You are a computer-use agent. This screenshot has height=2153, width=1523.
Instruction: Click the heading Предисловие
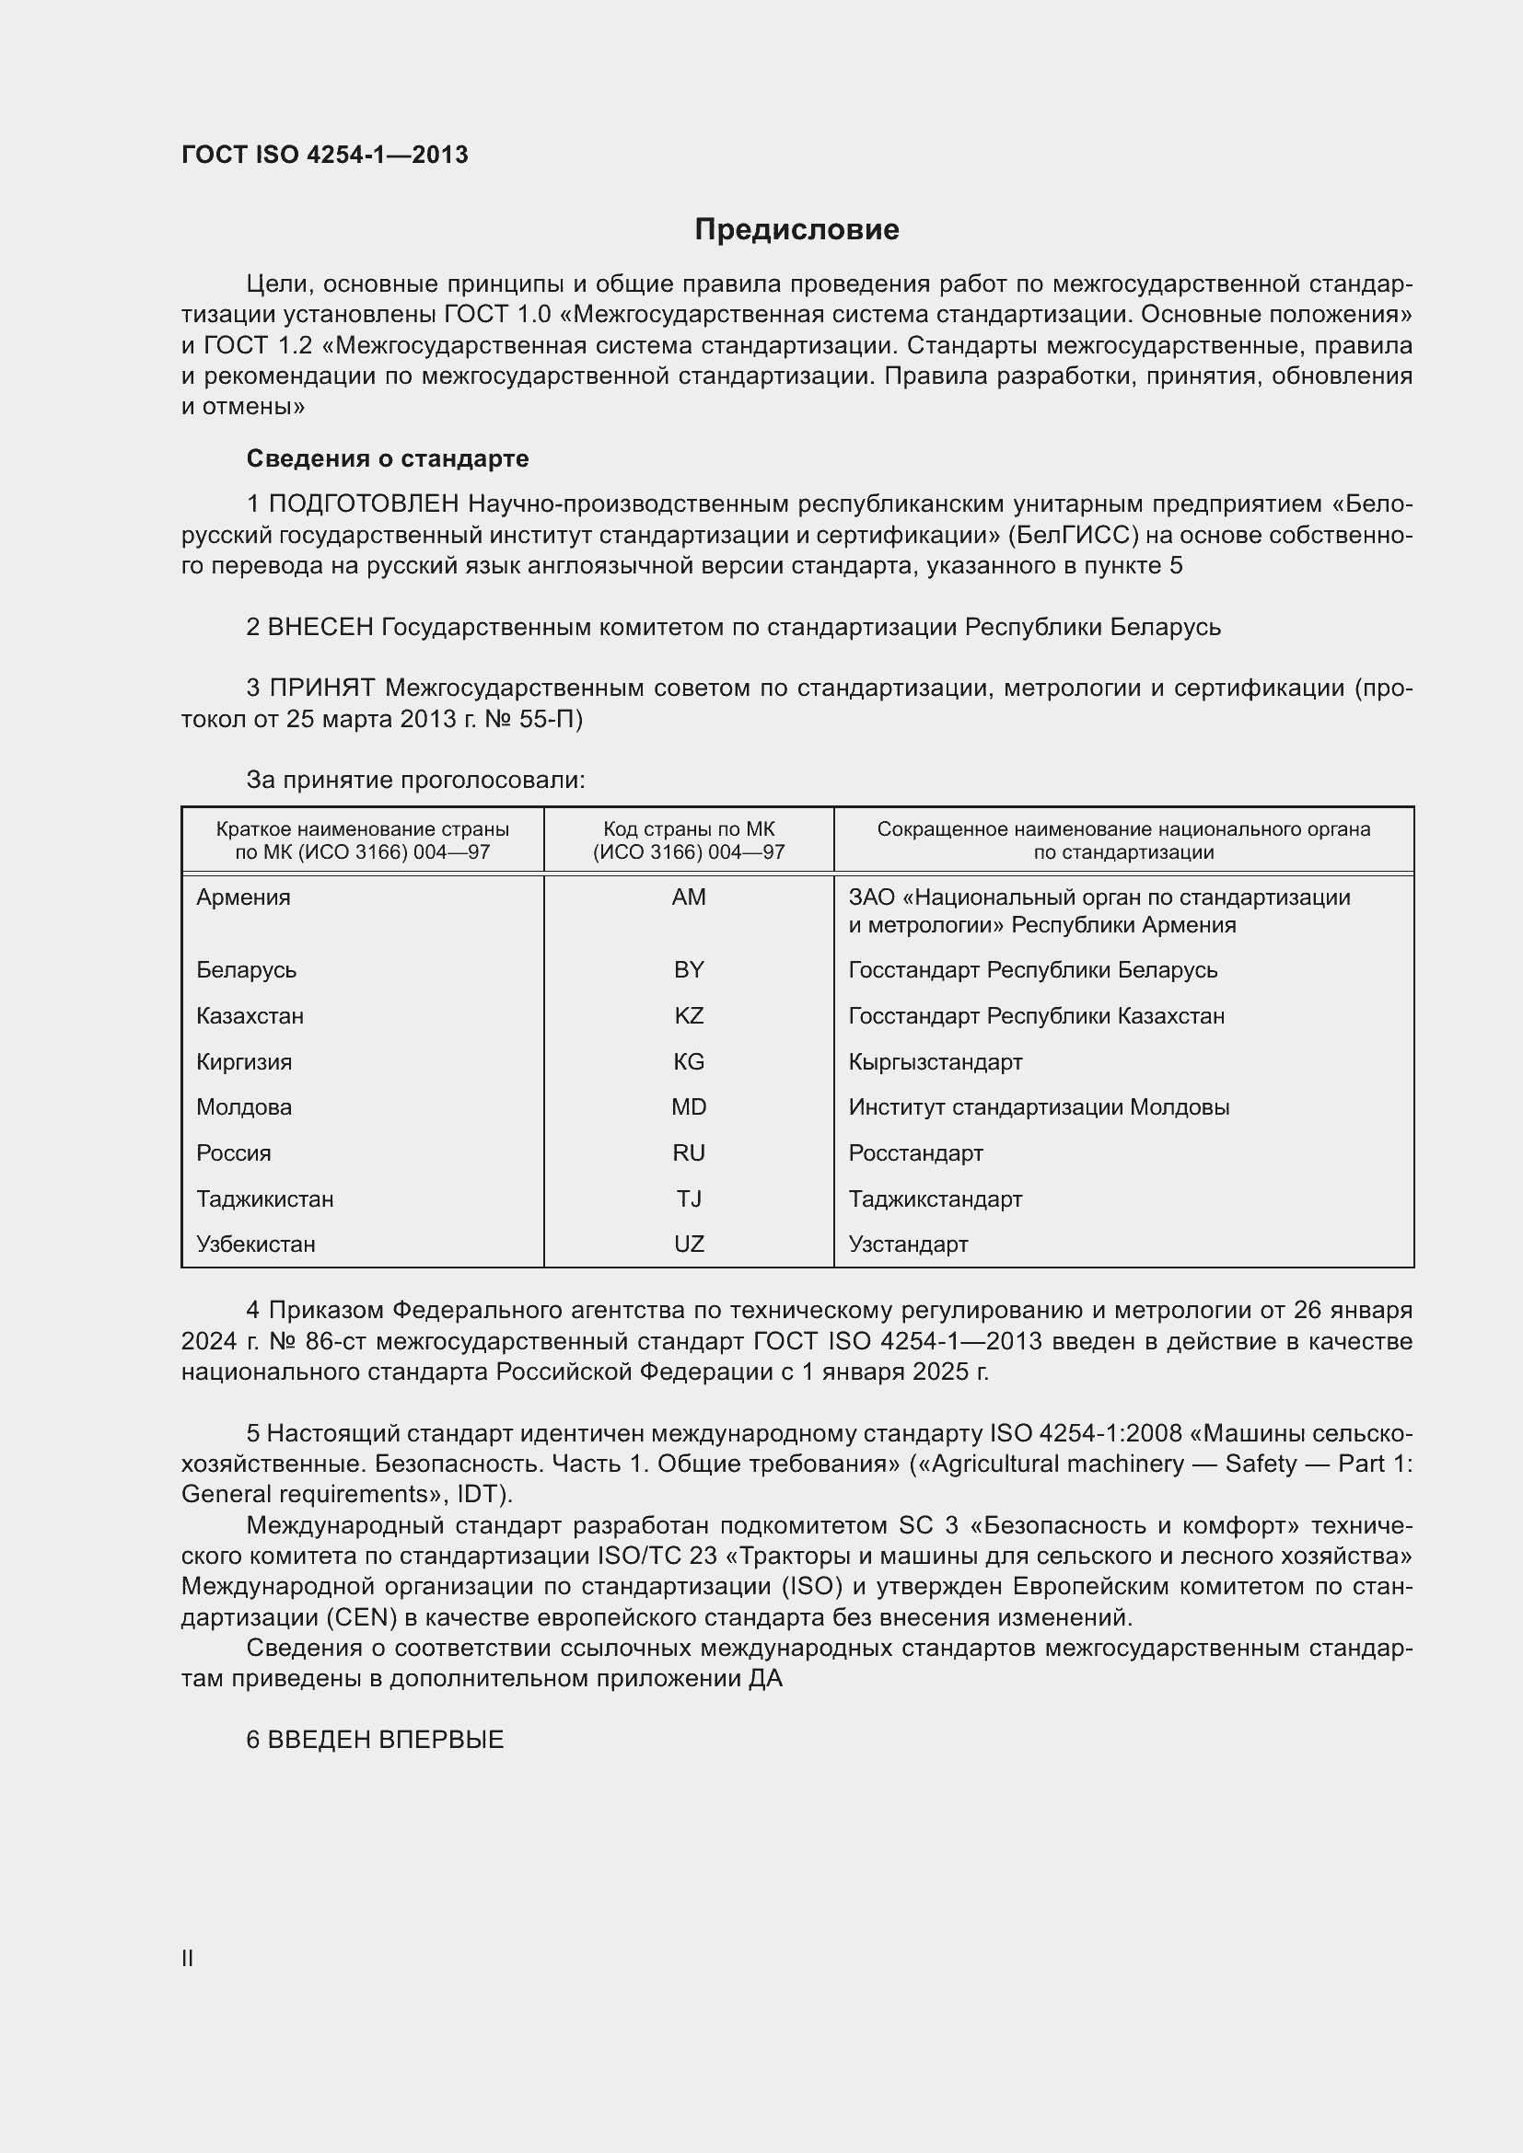point(796,230)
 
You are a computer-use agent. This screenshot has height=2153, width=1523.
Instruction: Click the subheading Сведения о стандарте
point(388,458)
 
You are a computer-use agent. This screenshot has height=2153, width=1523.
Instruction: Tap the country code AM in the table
point(689,897)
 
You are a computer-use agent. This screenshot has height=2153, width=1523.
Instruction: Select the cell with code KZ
point(689,1015)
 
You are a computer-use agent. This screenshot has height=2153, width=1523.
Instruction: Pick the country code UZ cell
point(689,1244)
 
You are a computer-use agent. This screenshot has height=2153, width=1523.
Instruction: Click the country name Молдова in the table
point(244,1106)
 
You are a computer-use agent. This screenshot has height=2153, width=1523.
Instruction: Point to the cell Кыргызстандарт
point(935,1061)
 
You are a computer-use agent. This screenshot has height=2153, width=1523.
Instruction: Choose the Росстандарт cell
point(915,1152)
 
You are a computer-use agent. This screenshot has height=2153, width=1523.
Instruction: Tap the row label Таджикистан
point(264,1198)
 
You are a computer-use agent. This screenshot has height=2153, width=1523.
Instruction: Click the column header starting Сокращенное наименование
point(1122,840)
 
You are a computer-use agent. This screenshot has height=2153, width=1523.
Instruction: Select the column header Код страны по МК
point(689,840)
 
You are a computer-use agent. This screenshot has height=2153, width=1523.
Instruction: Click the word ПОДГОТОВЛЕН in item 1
point(364,504)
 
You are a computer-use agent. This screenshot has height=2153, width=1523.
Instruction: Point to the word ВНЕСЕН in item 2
point(320,627)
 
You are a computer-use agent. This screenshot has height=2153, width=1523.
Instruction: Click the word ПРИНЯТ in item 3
point(322,689)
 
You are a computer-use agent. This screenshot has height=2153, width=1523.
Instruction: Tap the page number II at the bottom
point(188,1958)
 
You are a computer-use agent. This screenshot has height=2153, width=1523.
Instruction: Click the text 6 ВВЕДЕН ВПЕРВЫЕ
point(375,1740)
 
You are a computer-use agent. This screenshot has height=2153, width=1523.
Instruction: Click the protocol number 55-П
point(551,719)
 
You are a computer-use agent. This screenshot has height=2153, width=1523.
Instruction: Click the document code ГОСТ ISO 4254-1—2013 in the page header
point(324,155)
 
